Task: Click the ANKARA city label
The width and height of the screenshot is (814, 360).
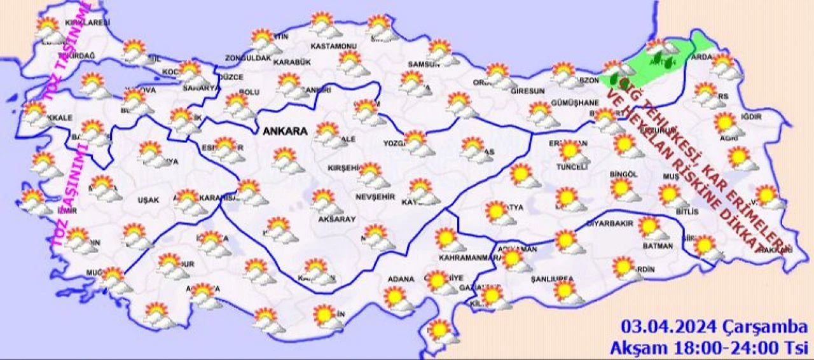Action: tap(285, 132)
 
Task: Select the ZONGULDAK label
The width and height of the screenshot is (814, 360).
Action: tap(249, 58)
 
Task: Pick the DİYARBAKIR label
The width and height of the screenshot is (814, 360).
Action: tap(611, 224)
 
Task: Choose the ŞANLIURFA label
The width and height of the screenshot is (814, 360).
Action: tap(552, 279)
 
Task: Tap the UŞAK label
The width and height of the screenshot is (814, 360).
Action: tap(148, 200)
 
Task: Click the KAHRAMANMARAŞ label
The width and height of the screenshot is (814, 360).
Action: tap(467, 258)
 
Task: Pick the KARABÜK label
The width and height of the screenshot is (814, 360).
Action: tap(291, 62)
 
